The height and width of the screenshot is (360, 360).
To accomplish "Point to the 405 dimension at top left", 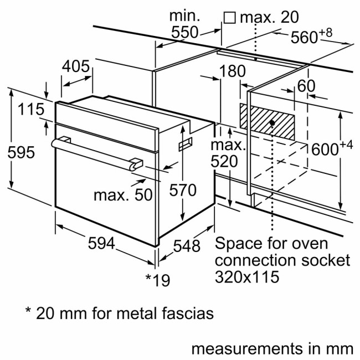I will pyautogui.click(x=76, y=66).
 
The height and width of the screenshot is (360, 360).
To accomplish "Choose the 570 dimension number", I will pyautogui.click(x=182, y=190).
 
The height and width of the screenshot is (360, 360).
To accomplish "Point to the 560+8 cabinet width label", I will pyautogui.click(x=311, y=37).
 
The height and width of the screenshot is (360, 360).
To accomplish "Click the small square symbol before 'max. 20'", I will pyautogui.click(x=229, y=18).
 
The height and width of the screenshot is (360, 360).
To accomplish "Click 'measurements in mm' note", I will pyautogui.click(x=271, y=349).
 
